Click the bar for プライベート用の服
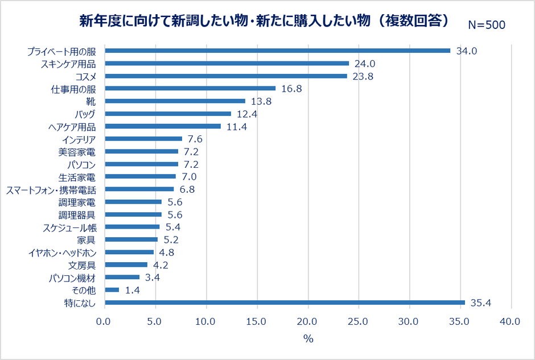pyautogui.click(x=277, y=51)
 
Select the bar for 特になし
pyautogui.click(x=285, y=303)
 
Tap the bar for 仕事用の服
pyautogui.click(x=190, y=88)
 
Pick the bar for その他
pyautogui.click(x=112, y=290)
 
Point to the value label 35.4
pyautogui.click(x=480, y=303)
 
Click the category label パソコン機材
pyautogui.click(x=76, y=278)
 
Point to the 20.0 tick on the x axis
pyautogui.click(x=308, y=321)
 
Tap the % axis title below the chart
pyautogui.click(x=308, y=339)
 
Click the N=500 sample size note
pyautogui.click(x=487, y=24)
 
